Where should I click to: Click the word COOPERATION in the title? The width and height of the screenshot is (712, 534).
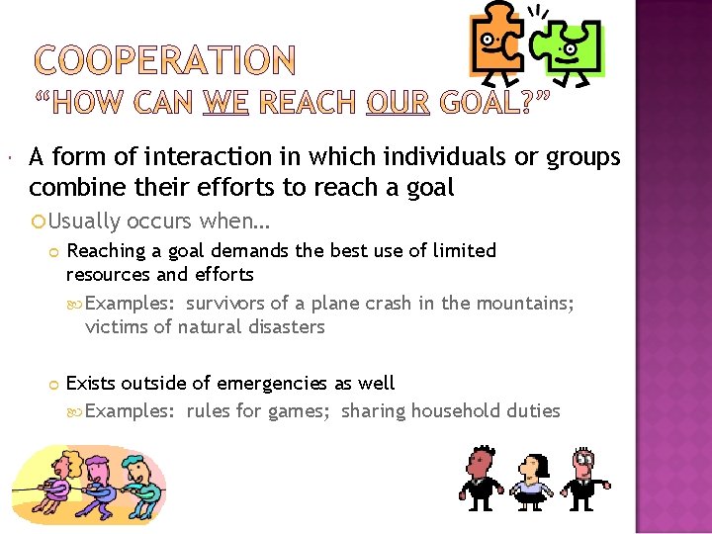click(x=164, y=61)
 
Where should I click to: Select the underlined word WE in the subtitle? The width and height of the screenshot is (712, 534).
click(x=225, y=104)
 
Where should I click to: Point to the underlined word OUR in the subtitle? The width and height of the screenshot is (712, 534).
click(x=398, y=104)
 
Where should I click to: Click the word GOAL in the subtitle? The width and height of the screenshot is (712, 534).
click(x=478, y=104)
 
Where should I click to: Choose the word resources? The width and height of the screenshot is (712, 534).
click(x=109, y=274)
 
